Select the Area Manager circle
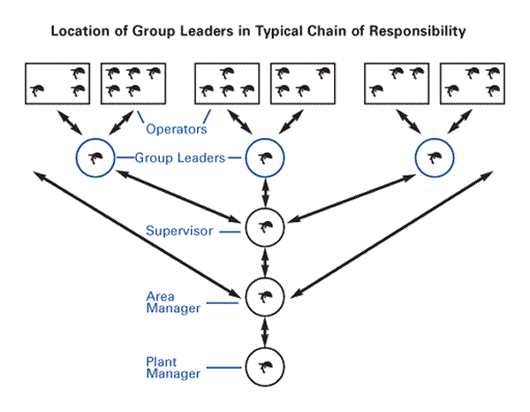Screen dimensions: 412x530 click(262, 295)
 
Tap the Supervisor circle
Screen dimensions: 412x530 click(262, 227)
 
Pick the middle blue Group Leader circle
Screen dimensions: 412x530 click(262, 159)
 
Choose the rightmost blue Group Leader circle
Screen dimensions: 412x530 click(434, 159)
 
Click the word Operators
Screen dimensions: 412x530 click(177, 129)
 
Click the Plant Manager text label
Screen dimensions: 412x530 click(171, 368)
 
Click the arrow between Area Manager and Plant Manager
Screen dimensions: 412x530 click(262, 331)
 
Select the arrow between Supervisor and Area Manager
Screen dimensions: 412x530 click(262, 262)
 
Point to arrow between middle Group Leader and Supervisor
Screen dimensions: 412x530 click(262, 193)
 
